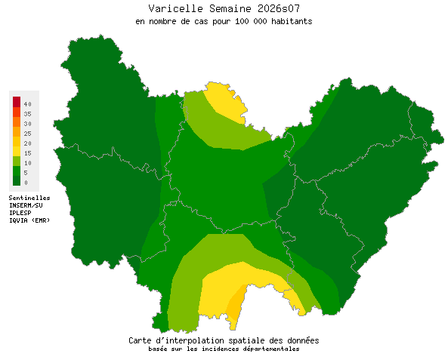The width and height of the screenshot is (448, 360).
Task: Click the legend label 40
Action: (27, 103)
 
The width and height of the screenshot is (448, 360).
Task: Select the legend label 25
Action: (27, 133)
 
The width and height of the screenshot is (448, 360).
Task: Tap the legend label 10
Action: (27, 162)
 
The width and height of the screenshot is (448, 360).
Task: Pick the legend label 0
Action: (26, 182)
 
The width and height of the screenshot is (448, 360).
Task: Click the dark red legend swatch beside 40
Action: (16, 103)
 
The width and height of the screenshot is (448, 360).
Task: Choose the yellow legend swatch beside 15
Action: (16, 152)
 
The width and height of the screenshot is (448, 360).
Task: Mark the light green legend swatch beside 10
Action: (16, 162)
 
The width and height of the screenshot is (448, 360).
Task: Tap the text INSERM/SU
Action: (26, 205)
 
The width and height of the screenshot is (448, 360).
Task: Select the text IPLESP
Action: (20, 213)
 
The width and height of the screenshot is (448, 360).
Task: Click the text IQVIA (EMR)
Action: (29, 220)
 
